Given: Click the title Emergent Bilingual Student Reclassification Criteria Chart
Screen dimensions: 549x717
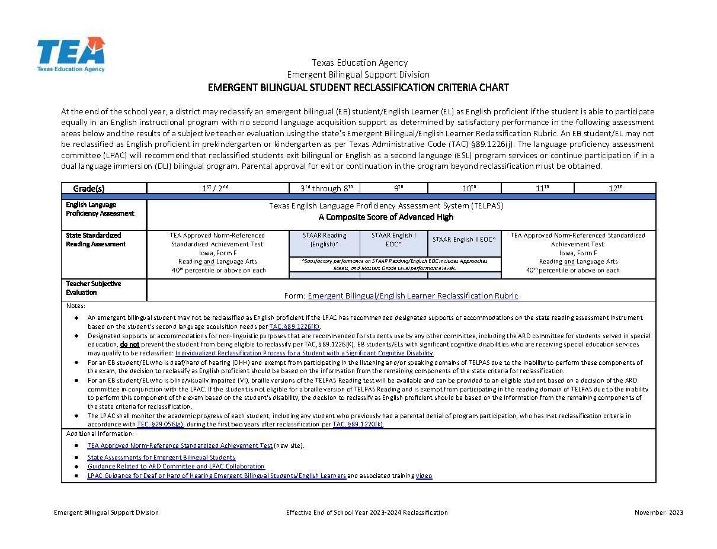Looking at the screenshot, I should (358, 88).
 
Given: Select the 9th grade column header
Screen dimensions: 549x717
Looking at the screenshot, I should (399, 188).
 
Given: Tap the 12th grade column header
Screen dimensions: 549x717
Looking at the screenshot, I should (616, 188).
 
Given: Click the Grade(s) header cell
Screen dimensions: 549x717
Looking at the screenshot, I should (89, 188).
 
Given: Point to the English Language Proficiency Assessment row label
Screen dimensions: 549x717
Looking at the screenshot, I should (100, 209).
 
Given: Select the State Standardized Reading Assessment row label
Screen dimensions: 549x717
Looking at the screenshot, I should (96, 239).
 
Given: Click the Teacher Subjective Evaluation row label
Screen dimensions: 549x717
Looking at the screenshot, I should (94, 288).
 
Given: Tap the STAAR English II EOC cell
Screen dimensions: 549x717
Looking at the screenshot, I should (464, 239).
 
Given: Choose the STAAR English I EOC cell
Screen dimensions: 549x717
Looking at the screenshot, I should (393, 239).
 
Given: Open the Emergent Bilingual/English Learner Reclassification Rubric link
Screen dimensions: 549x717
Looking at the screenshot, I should (412, 296).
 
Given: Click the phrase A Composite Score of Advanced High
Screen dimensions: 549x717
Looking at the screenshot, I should (386, 217).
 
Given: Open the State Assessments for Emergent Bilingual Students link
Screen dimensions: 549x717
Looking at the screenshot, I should (161, 457).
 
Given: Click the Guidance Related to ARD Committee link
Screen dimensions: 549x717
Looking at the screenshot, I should (176, 466).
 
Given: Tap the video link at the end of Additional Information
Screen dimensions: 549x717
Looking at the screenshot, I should (424, 476).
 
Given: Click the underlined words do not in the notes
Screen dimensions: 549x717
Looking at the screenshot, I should (130, 344).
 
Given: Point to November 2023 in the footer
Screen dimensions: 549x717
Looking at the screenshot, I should (658, 512).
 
